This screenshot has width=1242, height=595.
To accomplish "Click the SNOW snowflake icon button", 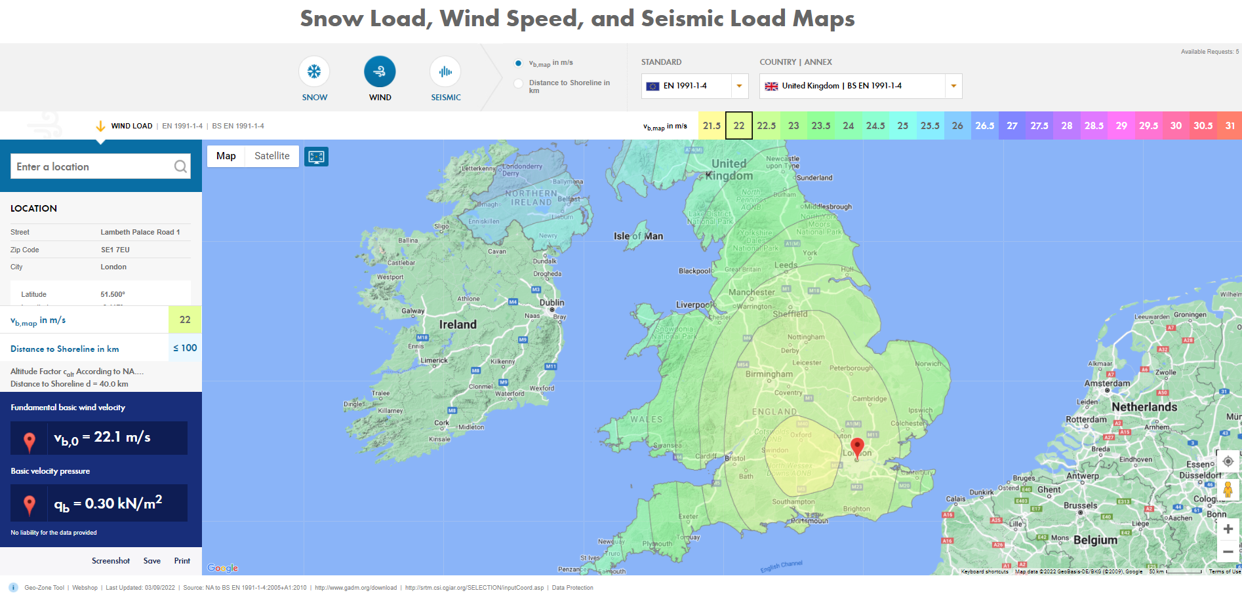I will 314,71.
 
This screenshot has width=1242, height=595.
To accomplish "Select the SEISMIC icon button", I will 445,71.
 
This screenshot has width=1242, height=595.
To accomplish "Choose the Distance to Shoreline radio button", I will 519,83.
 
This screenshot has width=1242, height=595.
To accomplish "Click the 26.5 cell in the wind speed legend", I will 984,126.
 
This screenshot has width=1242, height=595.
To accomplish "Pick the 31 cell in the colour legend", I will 1230,126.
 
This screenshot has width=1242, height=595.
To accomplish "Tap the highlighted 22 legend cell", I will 738,126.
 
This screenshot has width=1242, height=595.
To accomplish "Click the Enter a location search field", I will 94,166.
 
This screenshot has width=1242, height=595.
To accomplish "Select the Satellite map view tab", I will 271,156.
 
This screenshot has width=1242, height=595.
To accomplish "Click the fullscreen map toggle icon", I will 316,157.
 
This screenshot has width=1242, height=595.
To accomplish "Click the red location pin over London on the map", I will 857,447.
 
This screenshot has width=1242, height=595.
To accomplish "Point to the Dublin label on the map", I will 551,303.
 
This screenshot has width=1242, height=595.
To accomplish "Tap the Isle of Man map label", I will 638,236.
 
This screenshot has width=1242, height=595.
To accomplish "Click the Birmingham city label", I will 769,374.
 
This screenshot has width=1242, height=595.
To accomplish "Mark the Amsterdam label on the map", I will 1107,383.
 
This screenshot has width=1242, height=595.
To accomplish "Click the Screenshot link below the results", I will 111,561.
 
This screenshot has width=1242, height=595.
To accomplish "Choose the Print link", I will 182,561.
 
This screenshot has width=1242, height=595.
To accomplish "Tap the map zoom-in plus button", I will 1228,529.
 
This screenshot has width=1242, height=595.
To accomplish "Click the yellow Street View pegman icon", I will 1228,489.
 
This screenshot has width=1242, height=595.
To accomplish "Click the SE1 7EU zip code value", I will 115,250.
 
